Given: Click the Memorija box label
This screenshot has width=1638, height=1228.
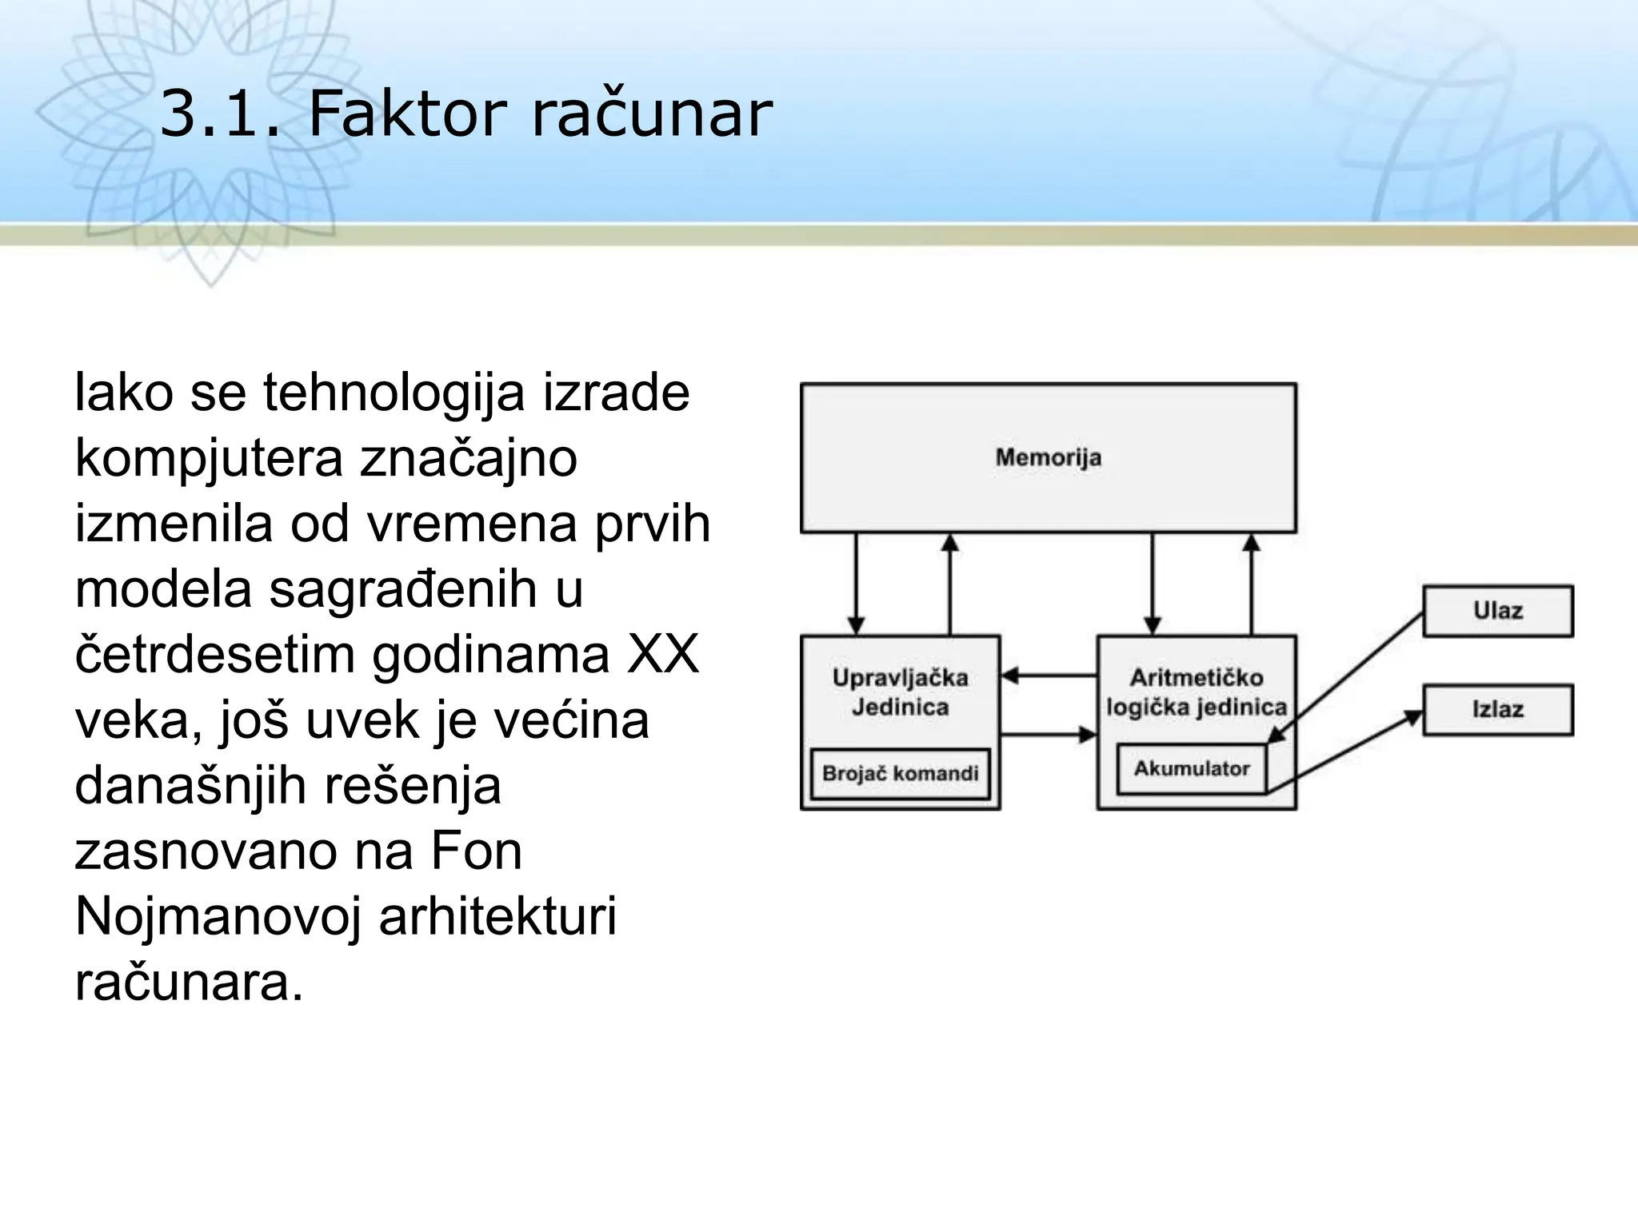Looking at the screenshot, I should pos(1048,458).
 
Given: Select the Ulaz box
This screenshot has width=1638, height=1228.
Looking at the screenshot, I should pos(1497,611).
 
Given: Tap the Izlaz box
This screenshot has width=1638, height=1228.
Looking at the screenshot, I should pos(1497,709).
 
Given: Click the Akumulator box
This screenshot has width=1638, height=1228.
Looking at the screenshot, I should pos(1191,769).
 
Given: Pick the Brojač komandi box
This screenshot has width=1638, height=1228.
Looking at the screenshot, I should pos(900,774).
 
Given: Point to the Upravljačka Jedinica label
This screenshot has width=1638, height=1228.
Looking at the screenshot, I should pos(900,692).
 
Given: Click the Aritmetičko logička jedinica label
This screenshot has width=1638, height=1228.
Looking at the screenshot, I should pos(1197,692).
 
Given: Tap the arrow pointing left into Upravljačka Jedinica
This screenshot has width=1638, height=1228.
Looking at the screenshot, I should pos(1048,676).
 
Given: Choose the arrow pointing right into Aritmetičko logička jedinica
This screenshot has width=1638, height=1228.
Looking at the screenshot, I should pos(1048,734).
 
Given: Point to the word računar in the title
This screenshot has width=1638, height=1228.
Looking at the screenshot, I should pos(652,114).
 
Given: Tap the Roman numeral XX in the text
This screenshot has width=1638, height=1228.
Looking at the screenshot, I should pos(663,655).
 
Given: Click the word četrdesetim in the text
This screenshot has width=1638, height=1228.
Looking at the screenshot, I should pos(215,655).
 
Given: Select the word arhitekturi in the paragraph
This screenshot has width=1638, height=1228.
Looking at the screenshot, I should pos(497,917).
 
